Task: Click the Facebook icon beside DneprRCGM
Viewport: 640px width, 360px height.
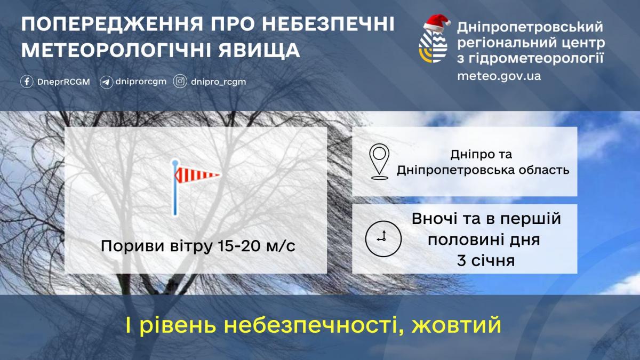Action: coord(27,82)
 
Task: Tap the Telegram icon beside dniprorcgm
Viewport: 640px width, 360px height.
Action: coord(106,82)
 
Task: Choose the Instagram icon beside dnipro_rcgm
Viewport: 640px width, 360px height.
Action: coord(181,82)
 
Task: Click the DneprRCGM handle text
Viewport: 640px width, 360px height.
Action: coord(63,82)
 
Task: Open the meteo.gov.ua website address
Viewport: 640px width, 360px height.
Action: coord(499,76)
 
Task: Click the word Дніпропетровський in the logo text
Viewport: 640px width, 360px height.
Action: coord(530,27)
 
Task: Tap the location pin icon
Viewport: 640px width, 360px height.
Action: coord(379,161)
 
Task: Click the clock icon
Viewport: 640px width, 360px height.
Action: coord(382,237)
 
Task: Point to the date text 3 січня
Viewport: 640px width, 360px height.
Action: coord(485,261)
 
